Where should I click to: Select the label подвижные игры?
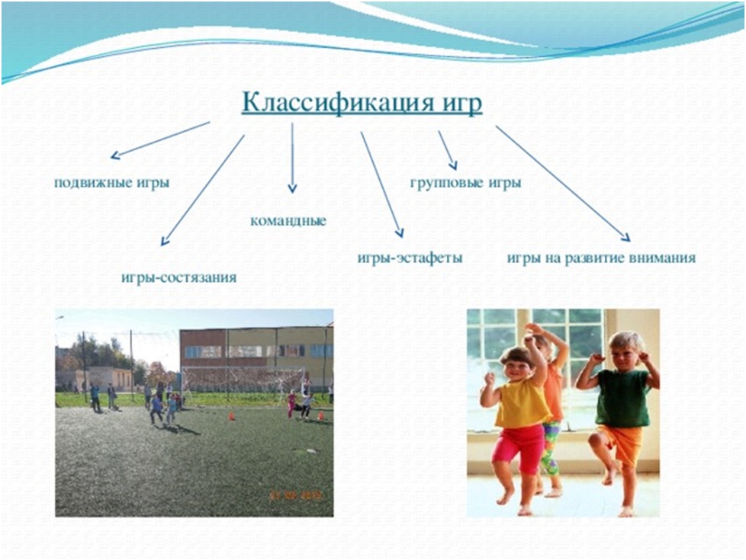click(x=112, y=183)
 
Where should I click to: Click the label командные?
click(x=288, y=221)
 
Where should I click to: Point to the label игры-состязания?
click(x=179, y=277)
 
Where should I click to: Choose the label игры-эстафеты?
click(x=410, y=258)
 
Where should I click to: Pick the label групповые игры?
click(x=466, y=183)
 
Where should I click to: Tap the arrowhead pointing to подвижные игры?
click(x=114, y=155)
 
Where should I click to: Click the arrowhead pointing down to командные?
click(x=292, y=189)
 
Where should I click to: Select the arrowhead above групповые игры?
click(x=454, y=165)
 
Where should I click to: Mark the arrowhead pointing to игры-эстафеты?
click(x=400, y=232)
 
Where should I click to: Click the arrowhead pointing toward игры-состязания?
click(x=164, y=241)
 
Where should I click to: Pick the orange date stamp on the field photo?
click(x=296, y=495)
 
